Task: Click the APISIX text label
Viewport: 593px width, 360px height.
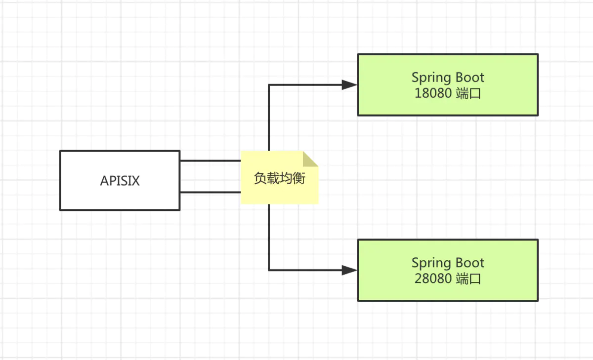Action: pyautogui.click(x=120, y=181)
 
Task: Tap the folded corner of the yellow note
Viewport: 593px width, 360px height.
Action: pyautogui.click(x=311, y=159)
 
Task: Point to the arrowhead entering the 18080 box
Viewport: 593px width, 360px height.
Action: pyautogui.click(x=349, y=85)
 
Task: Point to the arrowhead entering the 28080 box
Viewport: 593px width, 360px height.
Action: pyautogui.click(x=349, y=270)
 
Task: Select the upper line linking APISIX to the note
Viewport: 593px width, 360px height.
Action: pyautogui.click(x=210, y=160)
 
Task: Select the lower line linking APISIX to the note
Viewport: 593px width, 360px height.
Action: pyautogui.click(x=210, y=192)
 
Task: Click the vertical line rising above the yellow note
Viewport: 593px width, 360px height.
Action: pyautogui.click(x=269, y=119)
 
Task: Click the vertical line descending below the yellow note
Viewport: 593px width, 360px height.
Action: pyautogui.click(x=269, y=237)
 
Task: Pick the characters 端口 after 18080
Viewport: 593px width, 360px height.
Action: pyautogui.click(x=468, y=93)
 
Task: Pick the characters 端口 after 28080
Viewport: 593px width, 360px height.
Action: pyautogui.click(x=468, y=279)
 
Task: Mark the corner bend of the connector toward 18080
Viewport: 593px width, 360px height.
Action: pyautogui.click(x=269, y=85)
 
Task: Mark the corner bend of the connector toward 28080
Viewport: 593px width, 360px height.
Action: pyautogui.click(x=269, y=270)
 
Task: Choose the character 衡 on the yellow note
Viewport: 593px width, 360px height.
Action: pyautogui.click(x=299, y=178)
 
